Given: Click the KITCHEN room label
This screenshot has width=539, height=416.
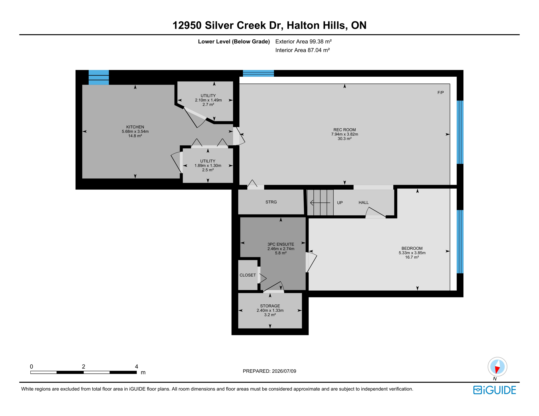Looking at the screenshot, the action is point(135,127).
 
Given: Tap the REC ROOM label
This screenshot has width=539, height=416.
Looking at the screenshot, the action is point(344,130).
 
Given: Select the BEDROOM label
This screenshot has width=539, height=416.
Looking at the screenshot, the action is point(412,248).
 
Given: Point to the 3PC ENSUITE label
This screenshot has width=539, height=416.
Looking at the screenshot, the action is point(281,244).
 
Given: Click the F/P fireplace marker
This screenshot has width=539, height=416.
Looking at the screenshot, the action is point(441,93).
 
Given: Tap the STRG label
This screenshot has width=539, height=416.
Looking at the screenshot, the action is point(271,202).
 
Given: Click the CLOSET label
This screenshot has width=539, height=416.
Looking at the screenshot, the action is point(248,275).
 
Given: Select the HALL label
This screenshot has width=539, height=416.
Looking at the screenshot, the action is point(364,203).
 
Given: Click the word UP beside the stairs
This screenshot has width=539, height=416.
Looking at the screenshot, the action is point(340,203).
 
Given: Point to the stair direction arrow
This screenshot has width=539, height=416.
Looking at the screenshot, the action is point(320,203).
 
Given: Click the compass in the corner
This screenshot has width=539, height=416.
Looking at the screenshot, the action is point(497,367).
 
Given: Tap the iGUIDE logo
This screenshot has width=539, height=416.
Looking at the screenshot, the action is point(495,390).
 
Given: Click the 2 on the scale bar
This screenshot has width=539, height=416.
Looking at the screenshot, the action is point(84,367).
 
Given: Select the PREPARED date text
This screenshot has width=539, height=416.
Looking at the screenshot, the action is point(269,371).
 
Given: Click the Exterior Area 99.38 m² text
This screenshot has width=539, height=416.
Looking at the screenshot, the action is point(303,41).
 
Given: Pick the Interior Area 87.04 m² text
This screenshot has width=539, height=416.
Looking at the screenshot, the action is point(302,50).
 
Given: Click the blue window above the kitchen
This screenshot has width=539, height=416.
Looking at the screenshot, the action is point(99,77).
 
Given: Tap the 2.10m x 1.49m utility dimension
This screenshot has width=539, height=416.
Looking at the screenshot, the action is point(208,100).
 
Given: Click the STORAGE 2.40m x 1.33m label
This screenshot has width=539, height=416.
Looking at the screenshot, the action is point(270,308).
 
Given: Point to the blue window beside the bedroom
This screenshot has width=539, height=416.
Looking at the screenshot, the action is point(460,242).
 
